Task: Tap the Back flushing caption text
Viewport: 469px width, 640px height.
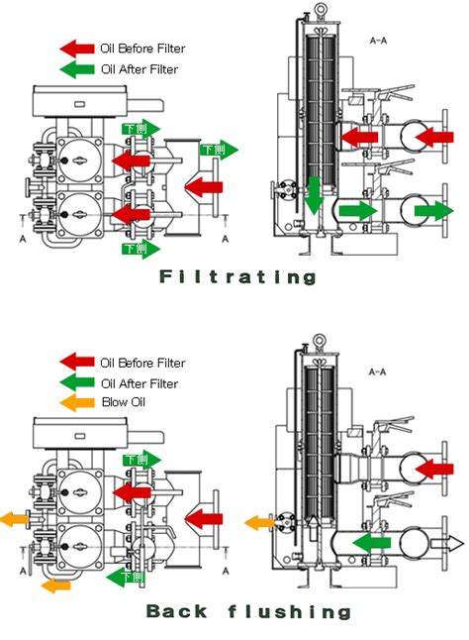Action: point(247,610)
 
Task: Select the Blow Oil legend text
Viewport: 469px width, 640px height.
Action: point(123,401)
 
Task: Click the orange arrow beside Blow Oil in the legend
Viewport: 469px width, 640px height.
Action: point(76,402)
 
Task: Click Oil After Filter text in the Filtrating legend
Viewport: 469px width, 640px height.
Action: point(140,69)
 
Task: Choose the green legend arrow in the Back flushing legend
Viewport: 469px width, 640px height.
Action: point(76,383)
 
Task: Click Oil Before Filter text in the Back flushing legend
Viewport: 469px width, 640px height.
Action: point(142,364)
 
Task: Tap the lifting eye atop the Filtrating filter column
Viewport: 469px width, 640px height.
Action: point(321,10)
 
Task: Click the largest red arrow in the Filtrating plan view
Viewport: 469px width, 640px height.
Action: point(204,185)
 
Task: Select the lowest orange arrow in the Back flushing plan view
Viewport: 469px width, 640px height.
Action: point(56,586)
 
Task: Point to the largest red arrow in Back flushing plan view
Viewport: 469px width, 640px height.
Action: point(204,517)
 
